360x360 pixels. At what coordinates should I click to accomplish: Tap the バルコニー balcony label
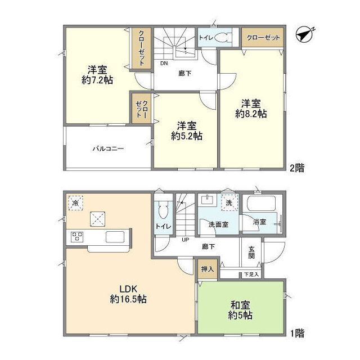(x=108, y=149)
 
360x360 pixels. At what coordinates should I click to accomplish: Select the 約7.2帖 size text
(x=97, y=80)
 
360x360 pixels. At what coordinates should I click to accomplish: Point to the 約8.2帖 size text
(x=251, y=113)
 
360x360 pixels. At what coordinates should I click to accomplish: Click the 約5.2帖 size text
(x=187, y=136)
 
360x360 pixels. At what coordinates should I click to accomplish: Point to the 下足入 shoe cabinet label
(x=251, y=274)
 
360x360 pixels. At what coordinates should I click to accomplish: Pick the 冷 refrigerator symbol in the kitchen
(x=75, y=202)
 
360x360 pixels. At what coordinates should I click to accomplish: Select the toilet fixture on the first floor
(x=163, y=212)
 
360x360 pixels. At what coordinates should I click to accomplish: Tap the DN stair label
(x=164, y=64)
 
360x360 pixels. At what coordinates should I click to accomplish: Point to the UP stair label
(x=184, y=240)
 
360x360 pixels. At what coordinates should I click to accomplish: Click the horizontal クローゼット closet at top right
(x=262, y=37)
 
